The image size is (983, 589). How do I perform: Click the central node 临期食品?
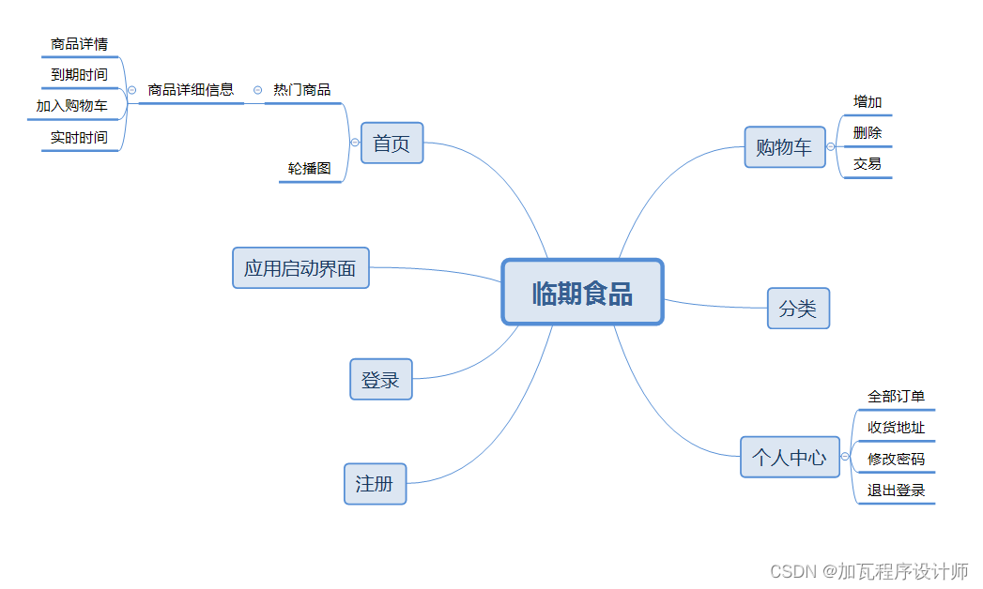tap(582, 293)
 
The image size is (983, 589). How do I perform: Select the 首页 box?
tap(392, 143)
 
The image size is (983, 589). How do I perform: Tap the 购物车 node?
tap(784, 146)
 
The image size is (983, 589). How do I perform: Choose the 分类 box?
tap(798, 309)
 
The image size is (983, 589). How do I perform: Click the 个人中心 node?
tap(790, 458)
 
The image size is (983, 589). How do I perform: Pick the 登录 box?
tap(380, 380)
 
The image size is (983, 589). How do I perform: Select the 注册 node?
tap(375, 484)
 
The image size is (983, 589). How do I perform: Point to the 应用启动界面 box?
tap(300, 268)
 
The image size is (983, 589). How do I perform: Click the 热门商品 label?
tap(301, 90)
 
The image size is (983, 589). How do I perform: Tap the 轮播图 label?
tap(310, 169)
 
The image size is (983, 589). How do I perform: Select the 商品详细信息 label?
tap(191, 90)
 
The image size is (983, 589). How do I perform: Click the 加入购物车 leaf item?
tap(72, 106)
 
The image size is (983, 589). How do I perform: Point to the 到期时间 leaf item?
tap(79, 74)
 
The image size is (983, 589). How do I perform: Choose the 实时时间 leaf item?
tap(79, 138)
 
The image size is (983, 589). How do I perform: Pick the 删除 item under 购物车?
tap(868, 133)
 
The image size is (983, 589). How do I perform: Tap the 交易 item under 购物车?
tap(868, 164)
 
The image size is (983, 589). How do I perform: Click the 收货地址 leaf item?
tap(896, 428)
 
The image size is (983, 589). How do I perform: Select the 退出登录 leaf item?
tap(896, 491)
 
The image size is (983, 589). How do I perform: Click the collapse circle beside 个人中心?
tap(845, 457)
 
